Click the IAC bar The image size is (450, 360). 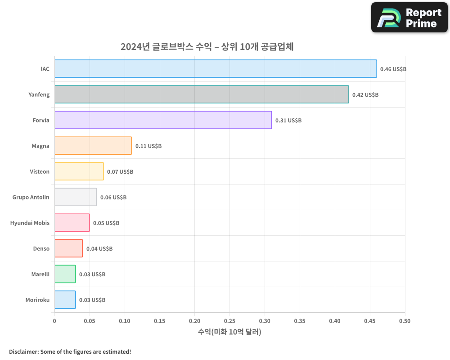(x=216, y=69)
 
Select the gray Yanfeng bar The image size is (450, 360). (x=202, y=94)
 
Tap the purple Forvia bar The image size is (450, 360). (x=163, y=120)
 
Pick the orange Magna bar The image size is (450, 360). (x=93, y=146)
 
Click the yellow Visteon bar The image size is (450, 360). (x=79, y=171)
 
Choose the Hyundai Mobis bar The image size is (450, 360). (x=72, y=223)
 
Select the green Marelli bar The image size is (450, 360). (x=65, y=274)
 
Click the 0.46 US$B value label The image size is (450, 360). (x=393, y=69)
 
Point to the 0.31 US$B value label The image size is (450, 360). (x=288, y=121)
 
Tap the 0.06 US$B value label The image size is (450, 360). (x=113, y=198)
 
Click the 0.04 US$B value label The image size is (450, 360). (x=99, y=249)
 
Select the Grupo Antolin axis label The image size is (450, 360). (x=31, y=198)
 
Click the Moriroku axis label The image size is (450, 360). (x=37, y=300)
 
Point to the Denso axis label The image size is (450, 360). (x=41, y=249)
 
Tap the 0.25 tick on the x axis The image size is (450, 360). (x=229, y=321)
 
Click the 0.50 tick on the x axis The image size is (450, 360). (x=405, y=321)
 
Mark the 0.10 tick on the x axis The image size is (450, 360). (x=125, y=321)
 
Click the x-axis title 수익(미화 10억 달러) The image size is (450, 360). (x=229, y=332)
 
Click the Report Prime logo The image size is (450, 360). (x=409, y=18)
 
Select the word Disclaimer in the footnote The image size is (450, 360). (x=23, y=351)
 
